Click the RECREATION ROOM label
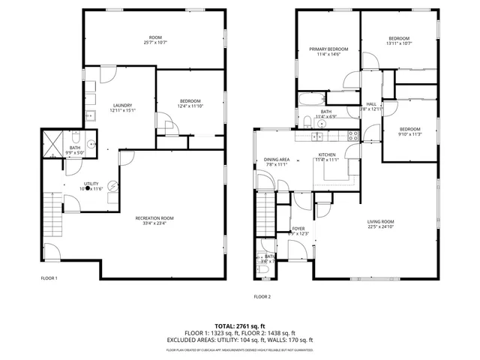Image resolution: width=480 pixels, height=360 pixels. tap(154, 217)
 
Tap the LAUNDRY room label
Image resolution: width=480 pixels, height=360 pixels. tap(122, 105)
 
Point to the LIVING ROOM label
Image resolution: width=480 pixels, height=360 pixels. tap(380, 221)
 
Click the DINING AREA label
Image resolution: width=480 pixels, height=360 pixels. tap(277, 160)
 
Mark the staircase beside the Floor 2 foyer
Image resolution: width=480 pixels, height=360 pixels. tap(265, 212)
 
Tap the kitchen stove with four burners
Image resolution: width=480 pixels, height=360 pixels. tap(352, 136)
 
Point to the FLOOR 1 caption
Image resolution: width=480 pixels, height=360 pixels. tap(49, 277)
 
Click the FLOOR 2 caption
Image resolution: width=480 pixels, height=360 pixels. tap(262, 297)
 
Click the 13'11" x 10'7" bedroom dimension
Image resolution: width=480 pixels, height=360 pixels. tap(399, 43)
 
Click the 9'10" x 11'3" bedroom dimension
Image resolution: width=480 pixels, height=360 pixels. tap(409, 133)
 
